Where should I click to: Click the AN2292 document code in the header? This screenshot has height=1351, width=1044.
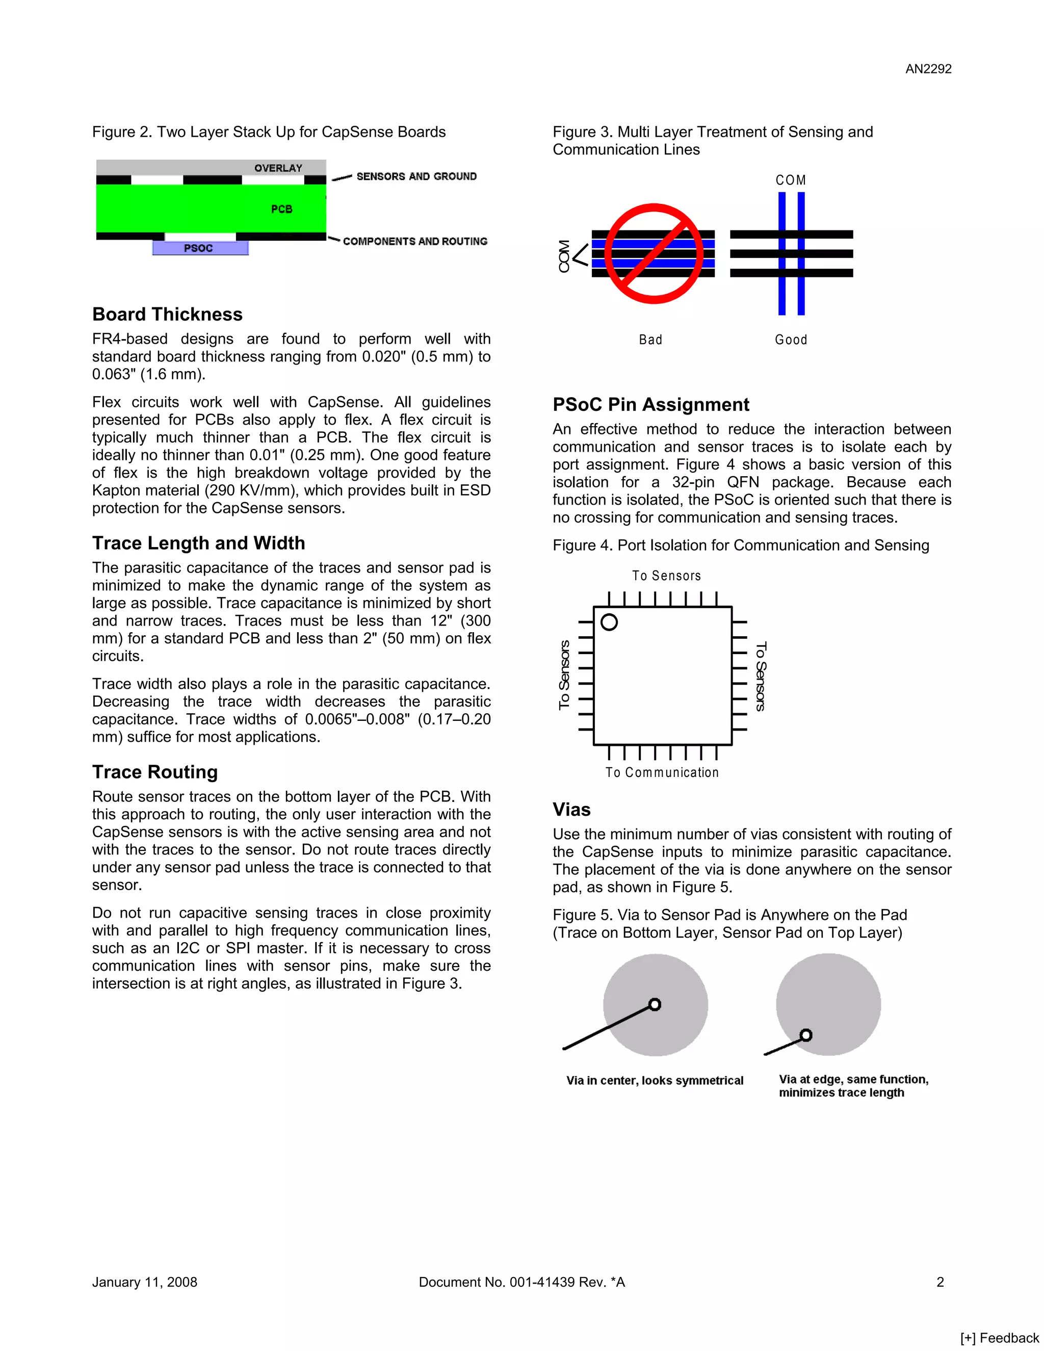(x=928, y=69)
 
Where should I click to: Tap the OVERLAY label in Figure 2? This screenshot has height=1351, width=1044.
(x=278, y=168)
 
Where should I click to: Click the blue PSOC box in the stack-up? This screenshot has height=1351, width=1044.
(x=200, y=248)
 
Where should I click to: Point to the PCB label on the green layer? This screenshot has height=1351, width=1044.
(x=281, y=209)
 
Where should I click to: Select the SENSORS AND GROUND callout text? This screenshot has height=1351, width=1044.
(x=416, y=176)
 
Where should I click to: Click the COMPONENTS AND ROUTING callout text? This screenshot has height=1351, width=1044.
(x=415, y=241)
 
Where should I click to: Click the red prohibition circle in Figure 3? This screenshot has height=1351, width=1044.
(x=653, y=253)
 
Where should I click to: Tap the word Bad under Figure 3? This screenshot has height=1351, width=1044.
(x=650, y=340)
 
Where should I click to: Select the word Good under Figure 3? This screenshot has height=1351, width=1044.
(x=791, y=340)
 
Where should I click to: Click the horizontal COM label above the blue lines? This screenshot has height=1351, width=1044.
(x=791, y=180)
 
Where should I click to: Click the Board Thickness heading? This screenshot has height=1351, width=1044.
(x=167, y=314)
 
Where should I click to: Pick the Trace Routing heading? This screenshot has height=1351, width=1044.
(x=154, y=772)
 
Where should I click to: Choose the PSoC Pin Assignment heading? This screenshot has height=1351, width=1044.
(x=650, y=405)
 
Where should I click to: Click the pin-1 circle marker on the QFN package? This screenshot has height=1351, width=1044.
(x=609, y=622)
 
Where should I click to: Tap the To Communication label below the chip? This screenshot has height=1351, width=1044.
(x=662, y=772)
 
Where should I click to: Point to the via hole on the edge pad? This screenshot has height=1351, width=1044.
(x=805, y=1035)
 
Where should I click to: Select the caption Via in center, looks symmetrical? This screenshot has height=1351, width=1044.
(x=655, y=1081)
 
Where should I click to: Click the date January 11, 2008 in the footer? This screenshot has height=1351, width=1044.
(x=145, y=1282)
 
